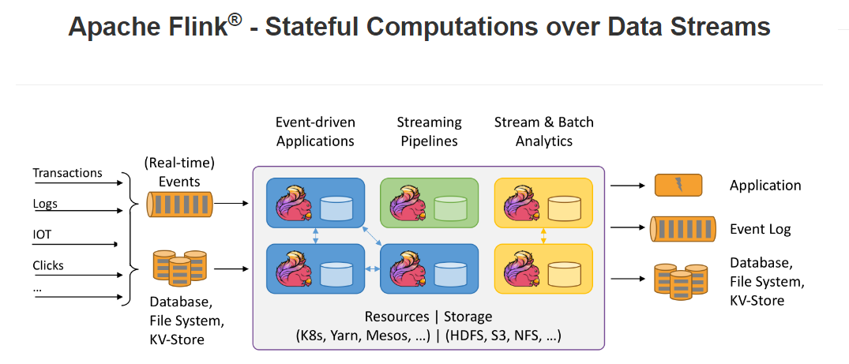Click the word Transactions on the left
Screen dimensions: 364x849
coord(67,173)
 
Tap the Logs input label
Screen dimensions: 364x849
coord(45,204)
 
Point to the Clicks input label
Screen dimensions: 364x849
coord(48,265)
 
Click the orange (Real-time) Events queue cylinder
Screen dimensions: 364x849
coord(180,205)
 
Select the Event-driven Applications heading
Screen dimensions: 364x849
coord(315,132)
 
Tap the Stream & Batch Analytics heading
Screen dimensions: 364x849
coord(543,132)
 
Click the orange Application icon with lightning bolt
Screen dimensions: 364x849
coord(678,186)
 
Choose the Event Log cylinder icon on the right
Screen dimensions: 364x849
coord(682,229)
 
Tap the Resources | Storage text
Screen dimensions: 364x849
coord(428,317)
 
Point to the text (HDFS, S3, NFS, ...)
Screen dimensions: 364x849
coord(502,336)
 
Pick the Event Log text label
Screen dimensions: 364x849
coord(760,229)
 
